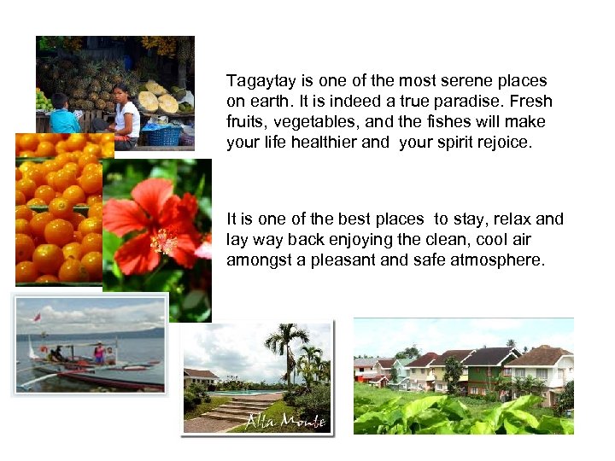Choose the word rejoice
503,143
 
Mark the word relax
511,219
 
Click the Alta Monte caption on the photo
274,419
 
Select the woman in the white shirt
126,112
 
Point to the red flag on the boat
36,318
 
